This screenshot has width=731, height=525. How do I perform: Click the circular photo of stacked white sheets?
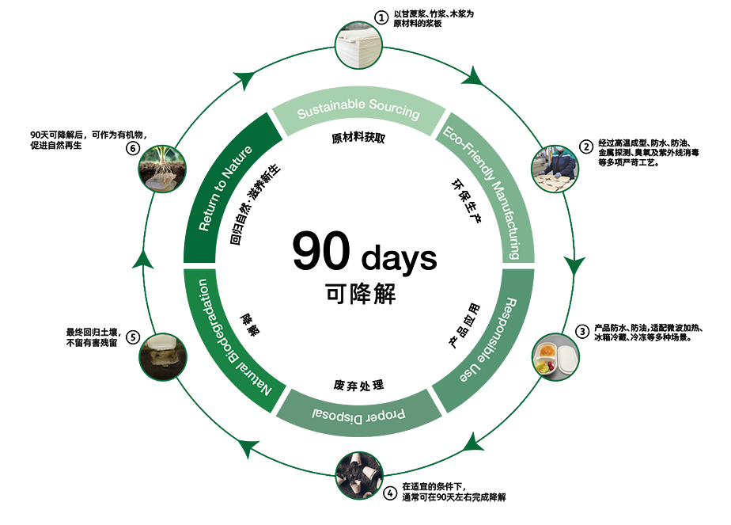(354, 43)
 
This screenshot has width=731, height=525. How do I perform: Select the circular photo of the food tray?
(555, 357)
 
